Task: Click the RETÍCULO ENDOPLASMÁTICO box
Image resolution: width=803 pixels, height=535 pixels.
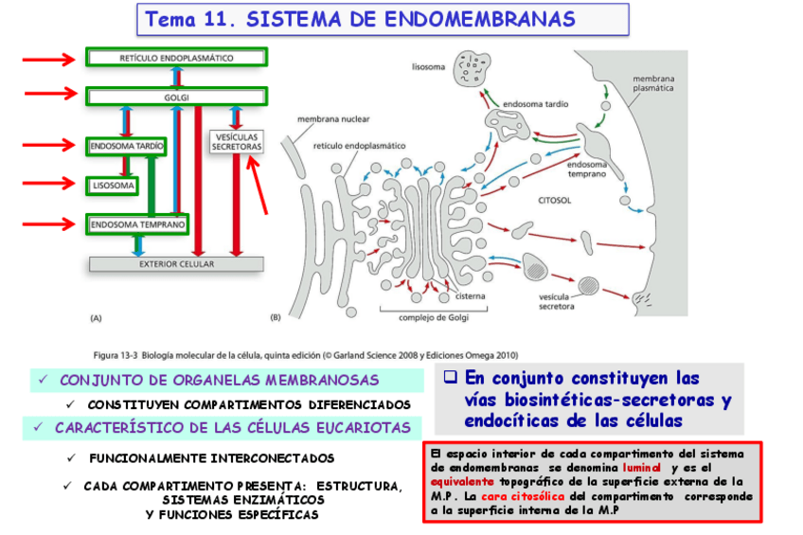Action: (177, 58)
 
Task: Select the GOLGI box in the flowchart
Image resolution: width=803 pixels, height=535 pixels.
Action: (177, 96)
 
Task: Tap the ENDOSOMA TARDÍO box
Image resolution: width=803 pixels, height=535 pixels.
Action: (126, 146)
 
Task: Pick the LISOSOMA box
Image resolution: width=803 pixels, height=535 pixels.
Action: (113, 186)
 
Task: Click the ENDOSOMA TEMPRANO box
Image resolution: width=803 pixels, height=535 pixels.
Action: (136, 224)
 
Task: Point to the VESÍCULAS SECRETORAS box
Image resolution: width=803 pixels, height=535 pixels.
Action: (237, 142)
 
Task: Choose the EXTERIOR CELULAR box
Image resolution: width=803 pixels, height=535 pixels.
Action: (176, 264)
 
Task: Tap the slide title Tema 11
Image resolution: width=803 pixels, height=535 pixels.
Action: (360, 19)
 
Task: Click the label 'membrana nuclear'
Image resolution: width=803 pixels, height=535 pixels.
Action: (333, 120)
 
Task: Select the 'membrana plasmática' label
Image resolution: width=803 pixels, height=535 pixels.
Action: (652, 83)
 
